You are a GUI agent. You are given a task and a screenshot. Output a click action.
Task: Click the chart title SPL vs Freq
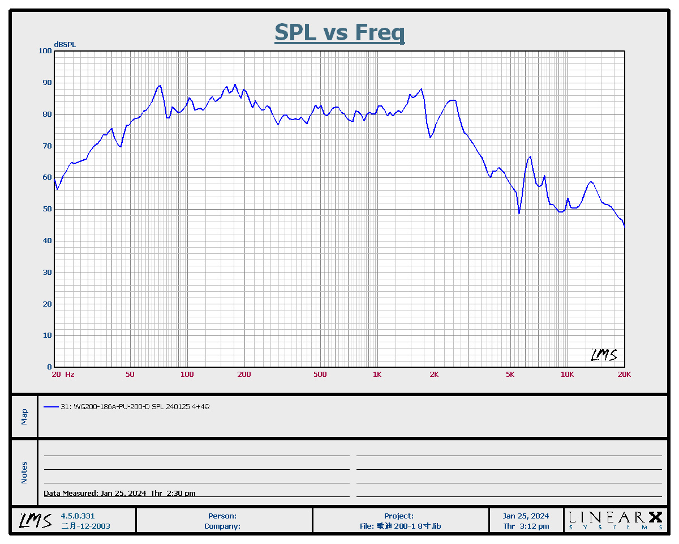339,32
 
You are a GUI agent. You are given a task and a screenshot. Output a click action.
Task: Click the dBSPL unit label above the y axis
65,44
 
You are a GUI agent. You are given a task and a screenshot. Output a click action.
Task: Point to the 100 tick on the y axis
45,51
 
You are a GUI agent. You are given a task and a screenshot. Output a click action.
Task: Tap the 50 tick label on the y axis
47,209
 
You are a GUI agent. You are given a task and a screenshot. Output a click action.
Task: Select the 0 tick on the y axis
49,367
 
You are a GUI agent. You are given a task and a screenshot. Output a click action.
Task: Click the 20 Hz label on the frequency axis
62,374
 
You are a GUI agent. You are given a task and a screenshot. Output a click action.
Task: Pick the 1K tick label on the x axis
377,374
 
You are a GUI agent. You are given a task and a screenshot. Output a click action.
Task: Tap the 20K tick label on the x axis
624,374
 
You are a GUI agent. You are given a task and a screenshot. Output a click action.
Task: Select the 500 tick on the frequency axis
320,374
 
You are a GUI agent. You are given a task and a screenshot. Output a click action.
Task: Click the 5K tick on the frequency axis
510,374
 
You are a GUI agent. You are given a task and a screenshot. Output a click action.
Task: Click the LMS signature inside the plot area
604,355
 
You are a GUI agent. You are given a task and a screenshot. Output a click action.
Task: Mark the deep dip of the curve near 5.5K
519,212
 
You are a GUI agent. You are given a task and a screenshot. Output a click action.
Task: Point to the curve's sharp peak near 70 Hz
161,86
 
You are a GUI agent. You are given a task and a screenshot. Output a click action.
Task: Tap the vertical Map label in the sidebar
24,416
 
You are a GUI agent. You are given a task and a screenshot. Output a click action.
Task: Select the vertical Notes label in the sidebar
24,473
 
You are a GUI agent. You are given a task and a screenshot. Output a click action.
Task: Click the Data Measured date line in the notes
119,493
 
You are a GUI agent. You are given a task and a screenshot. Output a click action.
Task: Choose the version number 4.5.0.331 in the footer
78,516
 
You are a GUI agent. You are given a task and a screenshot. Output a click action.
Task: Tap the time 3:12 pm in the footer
526,526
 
